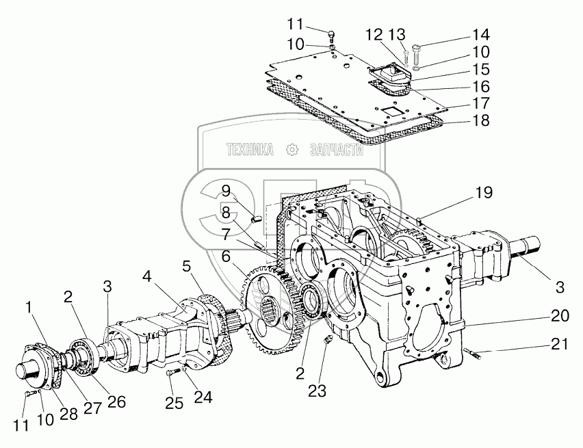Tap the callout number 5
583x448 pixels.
coord(185,264)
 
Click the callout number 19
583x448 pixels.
coord(484,194)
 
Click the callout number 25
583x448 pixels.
coord(174,403)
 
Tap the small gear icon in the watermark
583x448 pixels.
coord(293,149)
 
